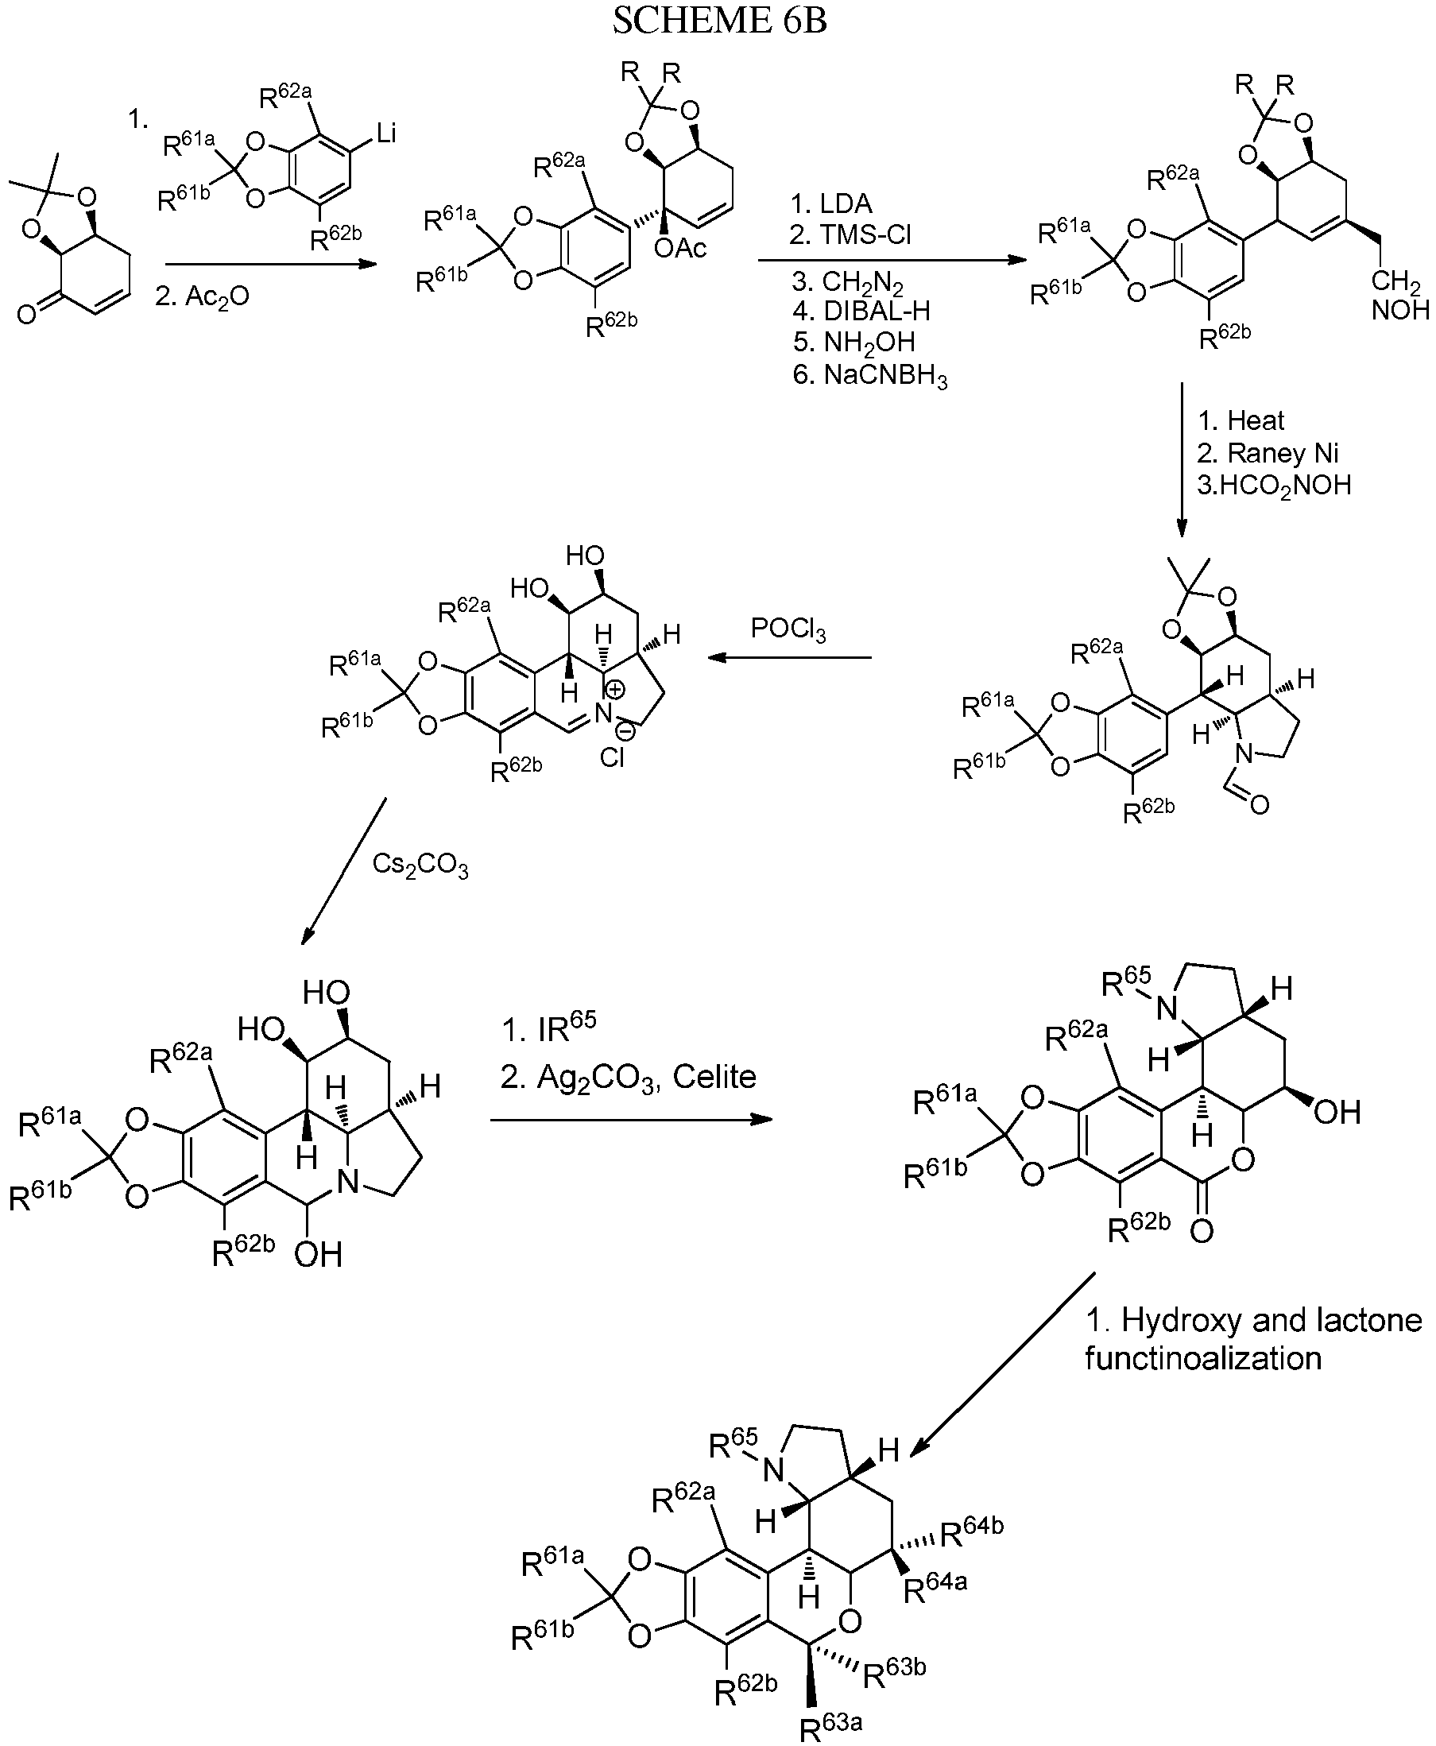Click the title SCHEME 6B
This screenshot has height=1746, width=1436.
tap(719, 21)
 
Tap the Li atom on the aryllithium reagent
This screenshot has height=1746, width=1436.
tap(386, 133)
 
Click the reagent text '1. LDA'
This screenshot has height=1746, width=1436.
tap(831, 203)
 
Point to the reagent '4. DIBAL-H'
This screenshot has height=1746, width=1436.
tap(861, 311)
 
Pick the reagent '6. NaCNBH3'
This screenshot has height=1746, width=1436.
tap(869, 377)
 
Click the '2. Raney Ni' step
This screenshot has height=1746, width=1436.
tap(1268, 453)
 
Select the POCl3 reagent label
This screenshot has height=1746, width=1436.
tap(788, 629)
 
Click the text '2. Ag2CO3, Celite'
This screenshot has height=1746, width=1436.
tap(629, 1077)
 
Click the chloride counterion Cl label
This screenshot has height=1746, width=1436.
tap(612, 757)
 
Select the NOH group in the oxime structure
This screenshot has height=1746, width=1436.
tap(1400, 310)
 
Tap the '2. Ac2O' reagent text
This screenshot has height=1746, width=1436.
tap(202, 296)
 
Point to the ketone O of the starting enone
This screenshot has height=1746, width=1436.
tap(26, 314)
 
